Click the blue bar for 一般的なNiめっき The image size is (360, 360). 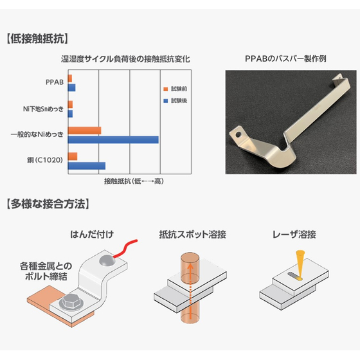coord(113,140)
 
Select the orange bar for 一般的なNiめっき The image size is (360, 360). coord(84,130)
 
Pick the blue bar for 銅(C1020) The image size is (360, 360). coord(87,166)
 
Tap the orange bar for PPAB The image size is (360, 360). coord(70,78)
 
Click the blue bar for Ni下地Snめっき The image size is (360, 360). coord(70,114)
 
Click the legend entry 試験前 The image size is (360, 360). coord(175,89)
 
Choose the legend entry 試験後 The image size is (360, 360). coord(175,100)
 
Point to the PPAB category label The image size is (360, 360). coord(55,82)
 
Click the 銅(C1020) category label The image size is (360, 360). coord(45,160)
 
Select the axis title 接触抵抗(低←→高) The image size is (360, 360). coord(134,181)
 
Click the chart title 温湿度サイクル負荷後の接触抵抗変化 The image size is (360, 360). coord(125,59)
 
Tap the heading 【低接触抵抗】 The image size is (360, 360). coord(37,39)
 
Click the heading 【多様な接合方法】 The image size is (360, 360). coord(48,204)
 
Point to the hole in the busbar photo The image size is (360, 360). coord(239,134)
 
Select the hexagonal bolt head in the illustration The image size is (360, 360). coord(70,301)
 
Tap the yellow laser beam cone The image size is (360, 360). coord(300,264)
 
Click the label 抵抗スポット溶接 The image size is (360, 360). coord(193,235)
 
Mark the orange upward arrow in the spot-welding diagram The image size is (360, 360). coord(190,291)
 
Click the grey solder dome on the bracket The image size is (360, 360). coord(107,260)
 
